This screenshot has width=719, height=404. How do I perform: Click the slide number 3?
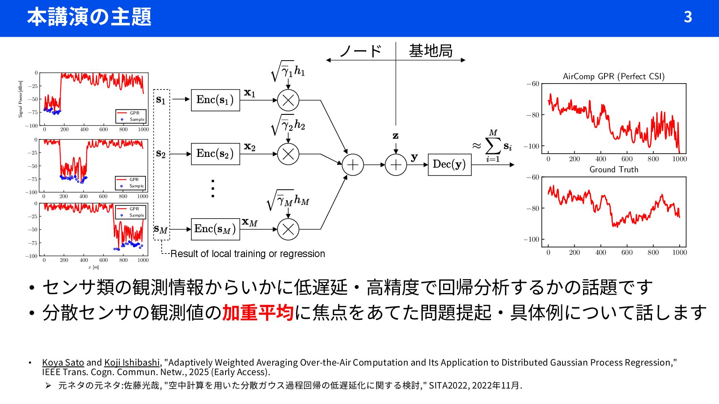pyautogui.click(x=688, y=17)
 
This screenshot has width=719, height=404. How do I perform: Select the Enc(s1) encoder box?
pyautogui.click(x=215, y=100)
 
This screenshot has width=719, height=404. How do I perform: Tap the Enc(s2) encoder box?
pyautogui.click(x=215, y=154)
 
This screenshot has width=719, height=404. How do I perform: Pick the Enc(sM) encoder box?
pyautogui.click(x=215, y=229)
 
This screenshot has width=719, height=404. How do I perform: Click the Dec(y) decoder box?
pyautogui.click(x=449, y=164)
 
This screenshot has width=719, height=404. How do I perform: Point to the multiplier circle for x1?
pyautogui.click(x=288, y=100)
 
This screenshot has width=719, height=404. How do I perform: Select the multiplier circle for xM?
pyautogui.click(x=288, y=229)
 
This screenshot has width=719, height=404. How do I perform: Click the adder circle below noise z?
pyautogui.click(x=396, y=165)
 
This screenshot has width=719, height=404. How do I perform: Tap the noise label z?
pyautogui.click(x=395, y=136)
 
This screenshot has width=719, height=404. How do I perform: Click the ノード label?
pyautogui.click(x=360, y=51)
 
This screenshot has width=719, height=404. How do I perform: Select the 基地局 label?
pyautogui.click(x=430, y=51)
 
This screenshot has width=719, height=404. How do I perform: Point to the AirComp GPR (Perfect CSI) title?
pyautogui.click(x=614, y=76)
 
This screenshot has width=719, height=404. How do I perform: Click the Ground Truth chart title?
pyautogui.click(x=614, y=170)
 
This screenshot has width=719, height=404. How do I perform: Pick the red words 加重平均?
pyautogui.click(x=258, y=313)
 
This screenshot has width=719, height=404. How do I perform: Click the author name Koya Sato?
pyautogui.click(x=63, y=362)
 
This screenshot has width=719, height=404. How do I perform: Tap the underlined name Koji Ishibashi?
pyautogui.click(x=132, y=362)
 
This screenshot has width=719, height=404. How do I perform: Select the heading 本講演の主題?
pyautogui.click(x=89, y=17)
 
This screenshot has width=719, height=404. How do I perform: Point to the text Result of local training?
pyautogui.click(x=247, y=254)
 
